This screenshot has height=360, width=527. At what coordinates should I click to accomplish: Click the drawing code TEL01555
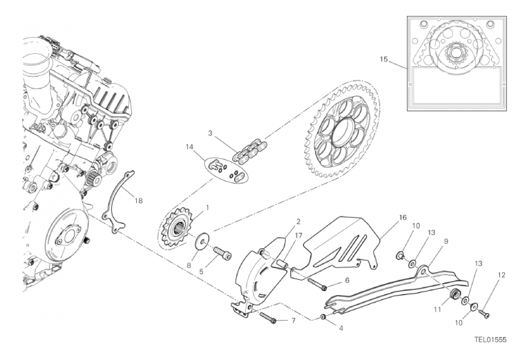click(x=490, y=340)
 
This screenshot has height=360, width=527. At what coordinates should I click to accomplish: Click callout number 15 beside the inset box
click(x=384, y=59)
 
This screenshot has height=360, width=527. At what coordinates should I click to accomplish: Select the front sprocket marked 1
click(x=176, y=229)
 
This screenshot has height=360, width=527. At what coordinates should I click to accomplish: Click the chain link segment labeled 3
click(x=250, y=151)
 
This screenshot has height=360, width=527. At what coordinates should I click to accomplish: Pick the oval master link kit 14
click(x=226, y=170)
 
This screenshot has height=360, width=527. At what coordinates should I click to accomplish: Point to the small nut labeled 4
click(x=323, y=317)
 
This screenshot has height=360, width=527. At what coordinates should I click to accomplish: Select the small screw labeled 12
click(x=484, y=313)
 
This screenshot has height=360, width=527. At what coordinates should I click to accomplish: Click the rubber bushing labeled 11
click(x=455, y=294)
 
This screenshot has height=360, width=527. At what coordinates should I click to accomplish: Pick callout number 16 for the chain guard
click(x=403, y=218)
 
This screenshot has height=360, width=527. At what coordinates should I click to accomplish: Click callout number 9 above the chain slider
click(x=445, y=241)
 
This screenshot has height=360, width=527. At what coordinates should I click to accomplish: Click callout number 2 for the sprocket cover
click(x=298, y=222)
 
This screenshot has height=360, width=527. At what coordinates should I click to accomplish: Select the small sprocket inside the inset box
click(x=457, y=54)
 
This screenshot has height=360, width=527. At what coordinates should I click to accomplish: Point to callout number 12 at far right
click(x=501, y=275)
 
